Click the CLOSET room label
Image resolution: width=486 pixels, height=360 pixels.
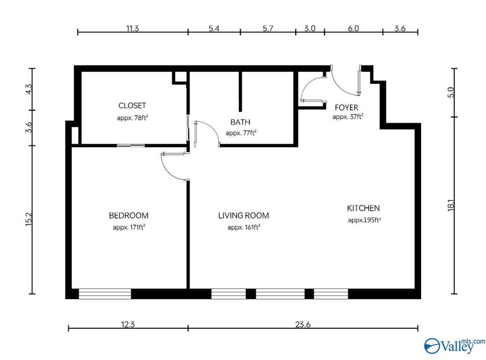pyautogui.click(x=132, y=106)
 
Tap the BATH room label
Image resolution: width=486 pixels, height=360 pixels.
pyautogui.click(x=241, y=122)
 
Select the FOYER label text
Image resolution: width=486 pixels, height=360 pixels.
pyautogui.click(x=347, y=108)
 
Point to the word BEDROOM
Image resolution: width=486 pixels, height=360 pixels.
pyautogui.click(x=128, y=216)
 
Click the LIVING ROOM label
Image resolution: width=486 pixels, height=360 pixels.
pyautogui.click(x=243, y=216)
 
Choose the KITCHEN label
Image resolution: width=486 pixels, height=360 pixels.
pyautogui.click(x=363, y=208)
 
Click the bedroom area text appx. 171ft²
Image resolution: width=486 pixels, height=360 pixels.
pyautogui.click(x=128, y=227)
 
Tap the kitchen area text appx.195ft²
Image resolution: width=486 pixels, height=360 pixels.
pyautogui.click(x=364, y=220)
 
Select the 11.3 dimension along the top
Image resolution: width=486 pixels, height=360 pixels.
pyautogui.click(x=132, y=28)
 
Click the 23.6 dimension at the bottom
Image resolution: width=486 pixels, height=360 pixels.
pyautogui.click(x=303, y=325)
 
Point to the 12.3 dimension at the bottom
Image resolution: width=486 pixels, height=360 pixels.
pyautogui.click(x=128, y=325)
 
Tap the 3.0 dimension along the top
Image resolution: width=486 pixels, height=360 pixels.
pyautogui.click(x=310, y=28)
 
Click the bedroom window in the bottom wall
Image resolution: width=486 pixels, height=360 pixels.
pyautogui.click(x=105, y=293)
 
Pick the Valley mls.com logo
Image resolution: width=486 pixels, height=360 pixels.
pyautogui.click(x=455, y=346)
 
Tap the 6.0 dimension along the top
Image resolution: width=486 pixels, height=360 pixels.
pyautogui.click(x=353, y=28)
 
